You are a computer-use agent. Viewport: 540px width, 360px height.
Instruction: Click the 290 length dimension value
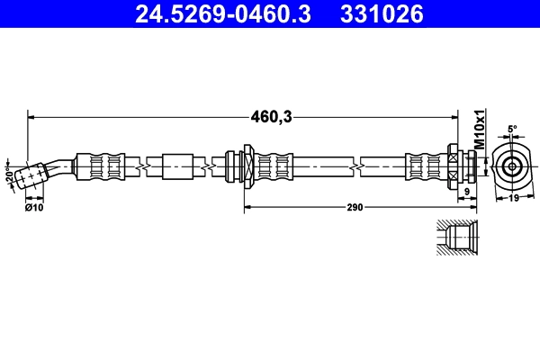click(x=355, y=207)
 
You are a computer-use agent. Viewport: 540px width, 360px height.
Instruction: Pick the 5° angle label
click(x=512, y=130)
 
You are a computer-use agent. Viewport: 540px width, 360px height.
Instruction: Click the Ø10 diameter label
click(x=34, y=208)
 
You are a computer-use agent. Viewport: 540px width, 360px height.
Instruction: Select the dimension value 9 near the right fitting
click(x=467, y=192)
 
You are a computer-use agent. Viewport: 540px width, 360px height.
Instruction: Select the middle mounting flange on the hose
click(x=241, y=166)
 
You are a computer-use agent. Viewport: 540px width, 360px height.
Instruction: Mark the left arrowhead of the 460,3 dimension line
click(x=31, y=115)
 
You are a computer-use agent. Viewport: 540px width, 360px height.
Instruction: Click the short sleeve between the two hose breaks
click(x=177, y=166)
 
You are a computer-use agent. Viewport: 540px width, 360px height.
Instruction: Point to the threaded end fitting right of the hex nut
click(x=472, y=166)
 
